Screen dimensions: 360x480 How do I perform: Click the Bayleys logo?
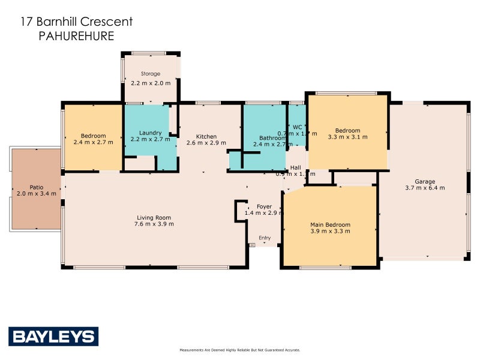pyautogui.click(x=53, y=337)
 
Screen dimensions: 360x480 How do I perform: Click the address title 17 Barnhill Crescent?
pyautogui.click(x=76, y=22)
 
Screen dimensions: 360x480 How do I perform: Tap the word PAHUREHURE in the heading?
pyautogui.click(x=76, y=36)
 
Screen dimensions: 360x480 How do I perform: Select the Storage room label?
pyautogui.click(x=151, y=74)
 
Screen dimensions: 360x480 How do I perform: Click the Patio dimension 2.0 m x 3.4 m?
pyautogui.click(x=36, y=193)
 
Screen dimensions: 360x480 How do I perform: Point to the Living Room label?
pyautogui.click(x=154, y=217)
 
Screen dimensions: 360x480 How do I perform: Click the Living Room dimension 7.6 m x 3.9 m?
pyautogui.click(x=154, y=224)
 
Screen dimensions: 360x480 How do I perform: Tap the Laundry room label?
pyautogui.click(x=150, y=133)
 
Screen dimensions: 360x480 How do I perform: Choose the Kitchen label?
pyautogui.click(x=206, y=136)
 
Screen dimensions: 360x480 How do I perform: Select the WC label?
pyautogui.click(x=296, y=127)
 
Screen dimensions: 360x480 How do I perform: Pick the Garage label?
pyautogui.click(x=424, y=181)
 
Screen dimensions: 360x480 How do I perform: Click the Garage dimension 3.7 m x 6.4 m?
pyautogui.click(x=424, y=188)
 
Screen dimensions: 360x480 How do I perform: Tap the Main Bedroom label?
pyautogui.click(x=330, y=224)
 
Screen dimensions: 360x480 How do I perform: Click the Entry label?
pyautogui.click(x=265, y=238)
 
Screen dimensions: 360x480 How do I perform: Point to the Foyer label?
pyautogui.click(x=265, y=206)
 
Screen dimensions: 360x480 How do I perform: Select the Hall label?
pyautogui.click(x=295, y=167)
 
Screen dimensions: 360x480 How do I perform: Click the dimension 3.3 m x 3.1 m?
pyautogui.click(x=347, y=137)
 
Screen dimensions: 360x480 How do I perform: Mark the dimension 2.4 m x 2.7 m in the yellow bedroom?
pyautogui.click(x=93, y=142)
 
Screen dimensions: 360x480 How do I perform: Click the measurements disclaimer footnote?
pyautogui.click(x=239, y=350)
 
